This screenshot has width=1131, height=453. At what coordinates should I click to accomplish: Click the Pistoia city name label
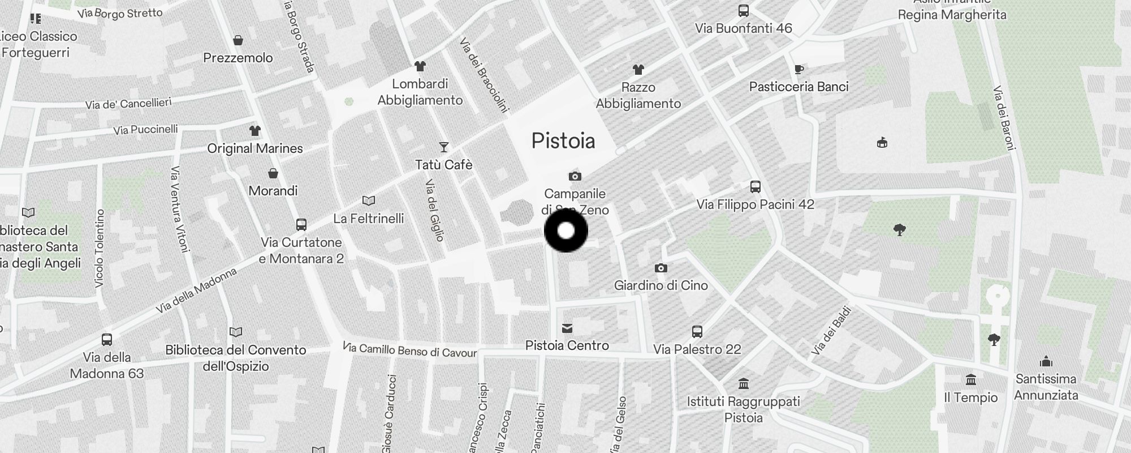pyautogui.click(x=563, y=141)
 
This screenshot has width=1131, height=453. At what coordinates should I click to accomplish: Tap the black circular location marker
pyautogui.click(x=565, y=230)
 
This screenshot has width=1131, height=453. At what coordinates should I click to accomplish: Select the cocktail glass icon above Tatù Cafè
pyautogui.click(x=444, y=147)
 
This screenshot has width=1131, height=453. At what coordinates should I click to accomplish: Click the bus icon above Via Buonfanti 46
pyautogui.click(x=743, y=11)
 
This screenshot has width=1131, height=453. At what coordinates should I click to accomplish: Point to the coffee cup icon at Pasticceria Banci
pyautogui.click(x=798, y=70)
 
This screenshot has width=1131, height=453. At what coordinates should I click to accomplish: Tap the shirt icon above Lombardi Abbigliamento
pyautogui.click(x=420, y=66)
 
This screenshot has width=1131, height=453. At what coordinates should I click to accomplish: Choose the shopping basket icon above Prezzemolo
pyautogui.click(x=238, y=41)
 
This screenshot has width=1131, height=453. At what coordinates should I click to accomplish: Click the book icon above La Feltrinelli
pyautogui.click(x=368, y=201)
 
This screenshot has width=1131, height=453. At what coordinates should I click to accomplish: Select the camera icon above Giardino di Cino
pyautogui.click(x=661, y=268)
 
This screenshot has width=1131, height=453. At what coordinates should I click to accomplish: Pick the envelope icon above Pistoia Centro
pyautogui.click(x=567, y=328)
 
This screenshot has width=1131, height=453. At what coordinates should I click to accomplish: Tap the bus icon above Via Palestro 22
pyautogui.click(x=697, y=332)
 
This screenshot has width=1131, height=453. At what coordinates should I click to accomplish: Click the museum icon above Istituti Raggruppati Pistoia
pyautogui.click(x=744, y=384)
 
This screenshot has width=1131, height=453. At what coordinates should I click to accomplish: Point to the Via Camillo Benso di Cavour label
pyautogui.click(x=410, y=350)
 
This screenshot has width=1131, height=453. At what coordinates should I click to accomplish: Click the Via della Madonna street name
pyautogui.click(x=196, y=290)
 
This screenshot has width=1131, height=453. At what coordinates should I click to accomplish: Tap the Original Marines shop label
pyautogui.click(x=255, y=148)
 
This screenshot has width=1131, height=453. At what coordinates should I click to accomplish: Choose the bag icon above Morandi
pyautogui.click(x=273, y=173)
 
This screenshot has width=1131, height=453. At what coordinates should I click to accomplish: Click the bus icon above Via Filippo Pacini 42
pyautogui.click(x=755, y=187)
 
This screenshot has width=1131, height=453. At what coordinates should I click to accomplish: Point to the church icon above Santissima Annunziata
pyautogui.click(x=1046, y=362)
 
